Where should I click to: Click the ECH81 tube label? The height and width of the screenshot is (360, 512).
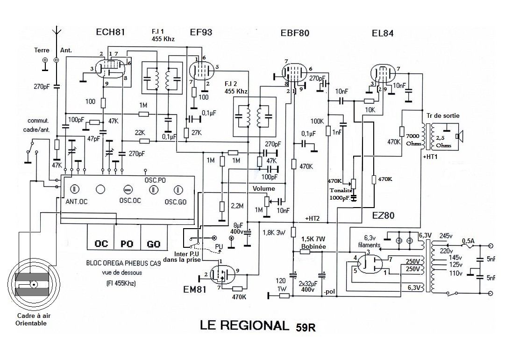tap(110, 32)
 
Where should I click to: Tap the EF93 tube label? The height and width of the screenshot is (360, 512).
tap(201, 32)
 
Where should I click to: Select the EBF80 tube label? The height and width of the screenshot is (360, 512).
tap(295, 33)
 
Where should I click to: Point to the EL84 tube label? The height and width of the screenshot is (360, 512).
tap(383, 33)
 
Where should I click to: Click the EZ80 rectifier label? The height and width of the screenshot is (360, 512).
tap(384, 215)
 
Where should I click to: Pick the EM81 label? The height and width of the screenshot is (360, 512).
tap(195, 289)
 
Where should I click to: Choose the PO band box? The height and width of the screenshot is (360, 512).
tap(128, 244)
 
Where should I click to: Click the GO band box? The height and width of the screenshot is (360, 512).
tap(154, 244)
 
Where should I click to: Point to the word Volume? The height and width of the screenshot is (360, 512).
tap(264, 188)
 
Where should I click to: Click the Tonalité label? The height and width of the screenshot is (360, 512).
tap(341, 190)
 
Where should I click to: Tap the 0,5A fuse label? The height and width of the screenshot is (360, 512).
tap(468, 241)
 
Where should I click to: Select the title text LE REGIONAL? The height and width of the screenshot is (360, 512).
tap(245, 325)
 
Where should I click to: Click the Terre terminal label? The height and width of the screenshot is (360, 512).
tap(42, 50)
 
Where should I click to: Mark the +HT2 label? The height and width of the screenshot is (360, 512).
tap(312, 218)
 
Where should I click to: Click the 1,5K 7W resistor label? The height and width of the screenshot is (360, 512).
tap(313, 239)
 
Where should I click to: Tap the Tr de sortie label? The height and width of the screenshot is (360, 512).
tap(443, 115)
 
